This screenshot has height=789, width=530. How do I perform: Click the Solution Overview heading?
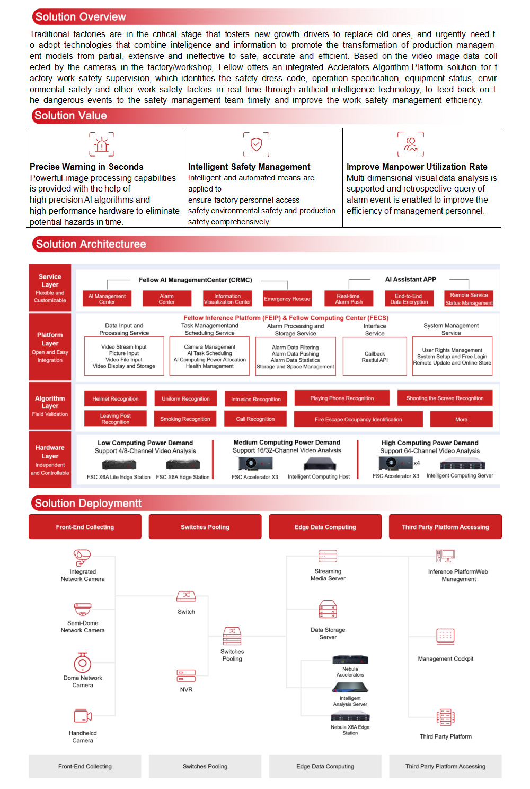(x=81, y=17)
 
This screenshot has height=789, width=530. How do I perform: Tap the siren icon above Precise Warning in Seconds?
(x=102, y=144)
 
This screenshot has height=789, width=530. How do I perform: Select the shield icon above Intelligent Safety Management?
(x=256, y=144)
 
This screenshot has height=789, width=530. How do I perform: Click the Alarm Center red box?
(x=166, y=299)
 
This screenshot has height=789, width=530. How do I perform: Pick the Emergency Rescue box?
(x=287, y=299)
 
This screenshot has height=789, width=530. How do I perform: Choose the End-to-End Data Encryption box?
(x=409, y=299)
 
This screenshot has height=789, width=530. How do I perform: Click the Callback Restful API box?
(x=375, y=357)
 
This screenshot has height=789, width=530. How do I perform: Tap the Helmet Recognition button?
(x=116, y=398)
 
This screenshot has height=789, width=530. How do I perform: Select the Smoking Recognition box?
(x=185, y=419)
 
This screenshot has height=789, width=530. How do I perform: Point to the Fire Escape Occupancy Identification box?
(x=358, y=419)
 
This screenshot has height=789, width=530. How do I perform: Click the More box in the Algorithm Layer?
(x=461, y=419)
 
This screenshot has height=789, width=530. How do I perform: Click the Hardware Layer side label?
(x=50, y=459)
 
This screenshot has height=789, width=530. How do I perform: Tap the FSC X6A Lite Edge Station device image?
(x=119, y=465)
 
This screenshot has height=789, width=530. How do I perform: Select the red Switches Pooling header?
(x=205, y=527)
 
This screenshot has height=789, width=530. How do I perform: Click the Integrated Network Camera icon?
(x=82, y=557)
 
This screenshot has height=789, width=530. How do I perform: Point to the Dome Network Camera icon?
(x=82, y=663)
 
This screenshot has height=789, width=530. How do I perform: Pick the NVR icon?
(x=186, y=675)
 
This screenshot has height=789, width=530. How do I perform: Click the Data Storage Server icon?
(x=328, y=610)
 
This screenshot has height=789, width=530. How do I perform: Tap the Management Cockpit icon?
(x=445, y=636)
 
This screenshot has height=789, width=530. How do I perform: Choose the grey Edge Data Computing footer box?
(x=325, y=766)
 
